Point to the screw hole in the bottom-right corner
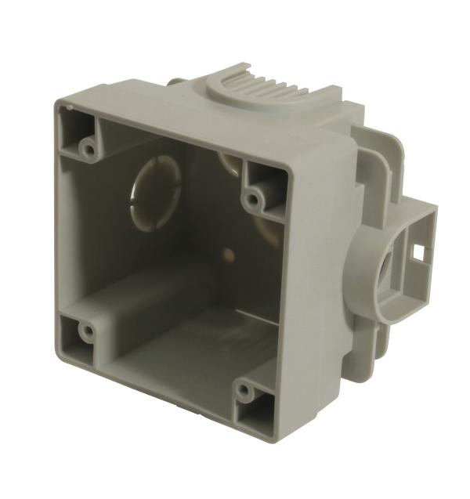[246, 389]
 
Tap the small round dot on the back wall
[229, 254]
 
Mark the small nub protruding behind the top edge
[177, 80]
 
